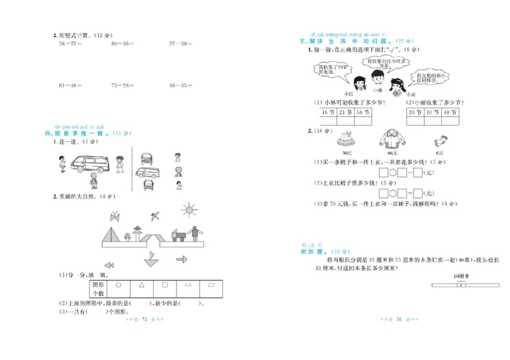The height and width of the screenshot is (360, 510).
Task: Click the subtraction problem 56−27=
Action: pos(71,44)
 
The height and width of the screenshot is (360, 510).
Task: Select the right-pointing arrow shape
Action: pos(182,259)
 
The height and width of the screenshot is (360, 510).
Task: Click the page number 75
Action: pos(144,319)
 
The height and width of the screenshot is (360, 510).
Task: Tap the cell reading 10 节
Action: pos(431,112)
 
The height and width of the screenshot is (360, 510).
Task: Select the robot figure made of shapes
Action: pos(196,234)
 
